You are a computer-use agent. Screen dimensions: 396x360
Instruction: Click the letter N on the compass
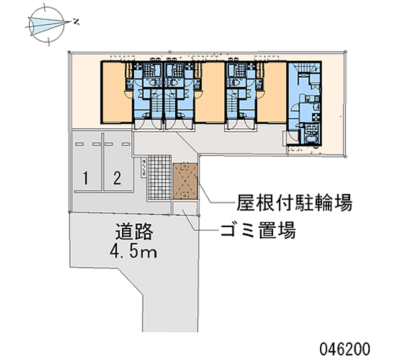click(x=76, y=22)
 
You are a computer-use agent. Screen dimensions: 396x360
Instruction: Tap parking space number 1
click(x=86, y=178)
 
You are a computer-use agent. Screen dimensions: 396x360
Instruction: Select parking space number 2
click(x=117, y=178)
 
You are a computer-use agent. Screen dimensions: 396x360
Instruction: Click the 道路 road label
click(x=134, y=231)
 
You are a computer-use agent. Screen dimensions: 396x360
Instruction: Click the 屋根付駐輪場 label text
click(x=295, y=203)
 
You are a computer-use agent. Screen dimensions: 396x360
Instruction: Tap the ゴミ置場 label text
click(x=258, y=230)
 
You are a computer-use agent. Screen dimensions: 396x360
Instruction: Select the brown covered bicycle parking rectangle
click(x=185, y=181)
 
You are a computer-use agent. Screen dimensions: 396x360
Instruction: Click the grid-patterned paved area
click(x=159, y=177)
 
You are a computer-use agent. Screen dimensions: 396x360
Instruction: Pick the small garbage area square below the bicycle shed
click(x=185, y=207)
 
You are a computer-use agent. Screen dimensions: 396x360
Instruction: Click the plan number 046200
click(x=345, y=349)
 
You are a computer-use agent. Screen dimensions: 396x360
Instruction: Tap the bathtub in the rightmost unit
click(x=311, y=140)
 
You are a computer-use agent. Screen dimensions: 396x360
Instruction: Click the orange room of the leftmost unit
click(x=116, y=93)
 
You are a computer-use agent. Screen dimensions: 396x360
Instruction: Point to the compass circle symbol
click(x=47, y=24)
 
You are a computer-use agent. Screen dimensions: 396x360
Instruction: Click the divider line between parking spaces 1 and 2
click(x=103, y=162)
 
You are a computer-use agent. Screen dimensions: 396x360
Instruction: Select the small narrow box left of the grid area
click(x=144, y=167)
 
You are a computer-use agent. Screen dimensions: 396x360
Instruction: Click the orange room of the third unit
click(x=271, y=93)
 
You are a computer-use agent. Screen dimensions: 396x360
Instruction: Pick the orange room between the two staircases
click(x=210, y=93)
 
